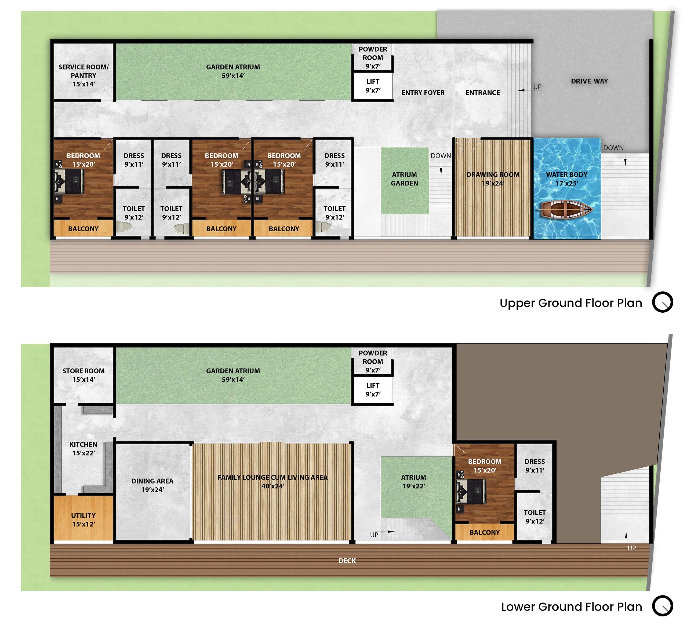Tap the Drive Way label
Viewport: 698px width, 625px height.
(x=590, y=81)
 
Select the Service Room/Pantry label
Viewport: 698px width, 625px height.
(x=83, y=76)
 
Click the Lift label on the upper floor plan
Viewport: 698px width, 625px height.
(x=373, y=86)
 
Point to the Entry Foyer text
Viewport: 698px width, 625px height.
(x=423, y=93)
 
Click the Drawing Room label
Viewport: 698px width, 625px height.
(x=493, y=179)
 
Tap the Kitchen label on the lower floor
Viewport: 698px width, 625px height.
(x=83, y=448)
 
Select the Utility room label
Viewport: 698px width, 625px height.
(x=83, y=520)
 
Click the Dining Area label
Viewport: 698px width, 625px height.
(x=152, y=485)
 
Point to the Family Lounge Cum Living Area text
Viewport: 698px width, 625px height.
(x=273, y=481)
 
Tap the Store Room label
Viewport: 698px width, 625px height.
(x=83, y=375)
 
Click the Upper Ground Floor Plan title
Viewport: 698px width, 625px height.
(x=570, y=303)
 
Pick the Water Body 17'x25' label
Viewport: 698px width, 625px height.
(x=567, y=179)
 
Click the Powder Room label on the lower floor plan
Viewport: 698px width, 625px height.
(x=373, y=361)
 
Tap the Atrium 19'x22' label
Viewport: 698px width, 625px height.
(x=414, y=481)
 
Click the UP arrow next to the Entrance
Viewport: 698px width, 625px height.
(x=521, y=90)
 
